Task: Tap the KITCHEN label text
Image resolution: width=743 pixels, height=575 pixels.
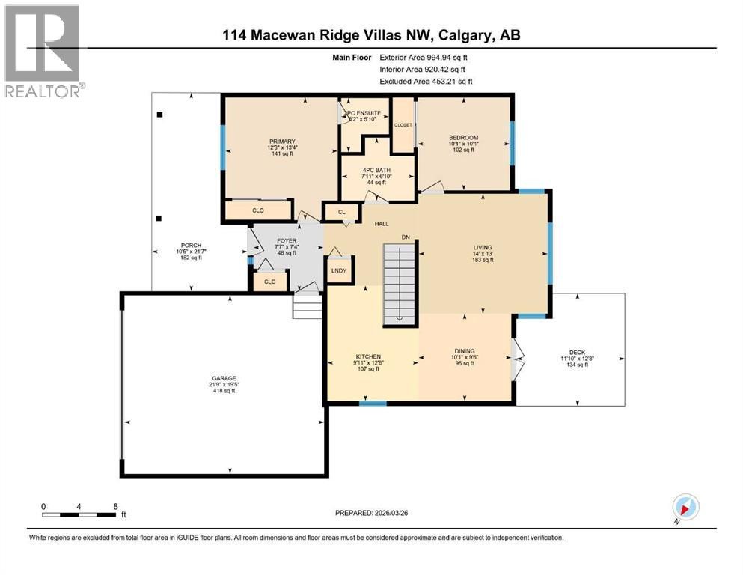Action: (369, 356)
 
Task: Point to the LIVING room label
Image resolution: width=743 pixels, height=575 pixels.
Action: (483, 246)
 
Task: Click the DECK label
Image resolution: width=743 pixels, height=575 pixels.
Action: (576, 353)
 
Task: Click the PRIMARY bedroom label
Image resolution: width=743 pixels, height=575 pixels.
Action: (283, 142)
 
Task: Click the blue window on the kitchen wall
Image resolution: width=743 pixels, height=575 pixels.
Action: (372, 404)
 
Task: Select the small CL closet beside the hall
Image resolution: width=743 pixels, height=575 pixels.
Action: (341, 212)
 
